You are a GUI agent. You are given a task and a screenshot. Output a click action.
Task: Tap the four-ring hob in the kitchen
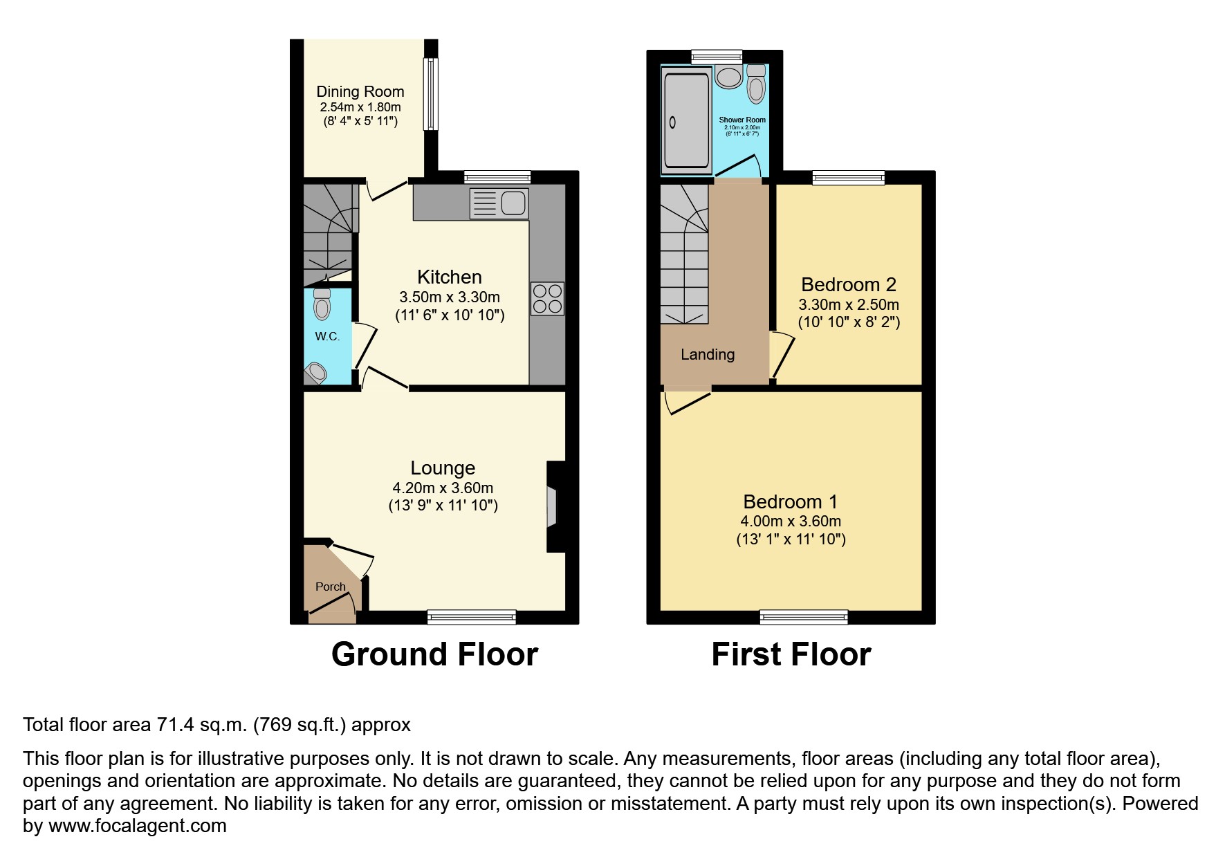tap(547, 299)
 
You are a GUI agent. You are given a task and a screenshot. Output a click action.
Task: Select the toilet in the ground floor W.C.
tap(322, 304)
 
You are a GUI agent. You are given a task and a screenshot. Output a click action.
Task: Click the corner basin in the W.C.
tap(316, 373)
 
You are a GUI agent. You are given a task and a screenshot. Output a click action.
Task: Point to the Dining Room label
tap(360, 91)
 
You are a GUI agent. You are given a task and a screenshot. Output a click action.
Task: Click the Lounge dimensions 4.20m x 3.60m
tap(443, 488)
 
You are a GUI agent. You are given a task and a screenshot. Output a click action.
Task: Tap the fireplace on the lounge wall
tap(552, 507)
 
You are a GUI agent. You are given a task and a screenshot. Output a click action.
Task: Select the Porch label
tap(330, 587)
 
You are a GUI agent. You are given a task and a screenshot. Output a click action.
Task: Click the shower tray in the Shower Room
tap(687, 122)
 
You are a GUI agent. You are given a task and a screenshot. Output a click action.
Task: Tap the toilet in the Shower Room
tap(756, 84)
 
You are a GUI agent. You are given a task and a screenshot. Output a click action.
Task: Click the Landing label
tap(707, 355)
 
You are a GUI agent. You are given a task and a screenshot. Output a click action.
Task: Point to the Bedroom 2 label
tap(848, 284)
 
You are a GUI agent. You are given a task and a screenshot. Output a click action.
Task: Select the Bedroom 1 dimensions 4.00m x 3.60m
tap(791, 522)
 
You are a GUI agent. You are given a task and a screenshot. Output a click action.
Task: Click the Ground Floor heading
tap(434, 654)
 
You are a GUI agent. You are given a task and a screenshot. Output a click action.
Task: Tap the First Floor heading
tap(791, 654)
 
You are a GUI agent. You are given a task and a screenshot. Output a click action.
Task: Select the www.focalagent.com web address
tap(137, 826)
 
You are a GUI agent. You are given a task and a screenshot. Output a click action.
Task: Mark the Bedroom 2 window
tap(848, 178)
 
